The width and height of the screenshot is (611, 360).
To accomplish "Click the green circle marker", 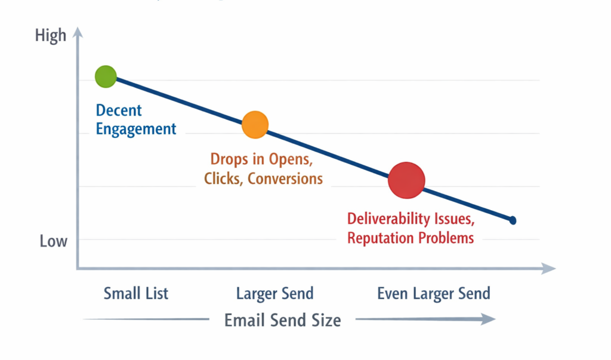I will click(x=105, y=77).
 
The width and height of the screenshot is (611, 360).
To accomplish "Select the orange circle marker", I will click(x=255, y=125).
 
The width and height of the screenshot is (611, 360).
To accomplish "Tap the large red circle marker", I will click(x=406, y=180).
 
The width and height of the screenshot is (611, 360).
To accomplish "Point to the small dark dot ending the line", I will click(x=512, y=220).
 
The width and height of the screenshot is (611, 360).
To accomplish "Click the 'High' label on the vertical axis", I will click(x=51, y=36).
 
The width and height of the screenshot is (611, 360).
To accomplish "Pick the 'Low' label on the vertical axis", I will click(x=54, y=241).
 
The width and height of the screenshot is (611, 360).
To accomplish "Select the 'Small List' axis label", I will click(x=136, y=293).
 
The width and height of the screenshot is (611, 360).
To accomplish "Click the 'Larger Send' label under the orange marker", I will click(x=274, y=293).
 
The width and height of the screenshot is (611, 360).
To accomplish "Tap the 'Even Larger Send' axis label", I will click(x=434, y=293).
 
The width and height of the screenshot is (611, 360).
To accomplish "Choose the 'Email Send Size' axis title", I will click(x=283, y=320).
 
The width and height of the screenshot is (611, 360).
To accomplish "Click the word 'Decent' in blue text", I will click(x=119, y=110).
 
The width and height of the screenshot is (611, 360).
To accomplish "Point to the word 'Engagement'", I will click(x=136, y=129).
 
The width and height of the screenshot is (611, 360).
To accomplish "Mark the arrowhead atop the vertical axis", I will click(x=77, y=33).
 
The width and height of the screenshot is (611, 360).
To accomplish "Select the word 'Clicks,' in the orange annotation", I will click(x=224, y=178).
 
